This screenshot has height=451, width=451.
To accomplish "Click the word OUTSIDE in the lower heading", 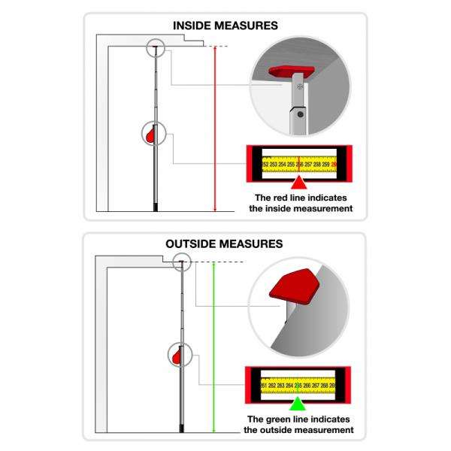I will coord(198,244).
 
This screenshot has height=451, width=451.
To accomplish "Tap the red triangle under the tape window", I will coord(299,183).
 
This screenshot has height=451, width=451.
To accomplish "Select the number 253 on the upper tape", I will coord(274,163).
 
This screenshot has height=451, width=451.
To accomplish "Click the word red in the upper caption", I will coord(279,197).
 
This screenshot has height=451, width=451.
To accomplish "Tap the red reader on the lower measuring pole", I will coord(177,355).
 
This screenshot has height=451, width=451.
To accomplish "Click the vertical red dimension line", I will coord(215,128).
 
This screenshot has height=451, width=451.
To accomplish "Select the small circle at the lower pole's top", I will coord(181,262).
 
